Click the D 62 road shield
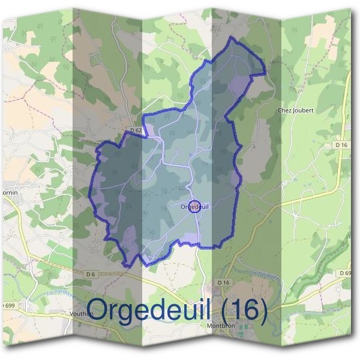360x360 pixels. [x=136, y=131]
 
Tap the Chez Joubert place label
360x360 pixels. [x=296, y=110]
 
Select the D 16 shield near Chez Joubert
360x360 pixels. [x=341, y=145]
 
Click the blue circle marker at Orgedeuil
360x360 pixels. [x=194, y=207]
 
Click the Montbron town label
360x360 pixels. [x=220, y=328]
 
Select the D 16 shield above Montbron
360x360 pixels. [x=224, y=282]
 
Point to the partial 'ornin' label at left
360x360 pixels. [x=10, y=193]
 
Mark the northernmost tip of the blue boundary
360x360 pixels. [x=232, y=38]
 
